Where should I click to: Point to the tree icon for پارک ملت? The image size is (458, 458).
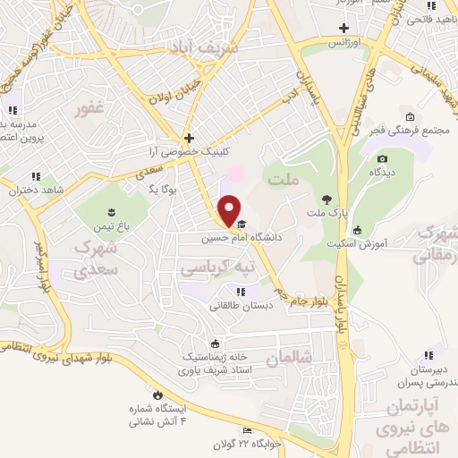pyautogui.click(x=326, y=200)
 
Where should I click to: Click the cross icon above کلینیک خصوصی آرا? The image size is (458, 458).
pyautogui.click(x=189, y=138)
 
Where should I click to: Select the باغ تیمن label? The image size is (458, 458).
pyautogui.click(x=114, y=226)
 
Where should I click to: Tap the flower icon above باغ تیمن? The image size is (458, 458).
pyautogui.click(x=111, y=212)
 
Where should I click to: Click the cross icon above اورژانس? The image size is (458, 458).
pyautogui.click(x=344, y=28)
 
